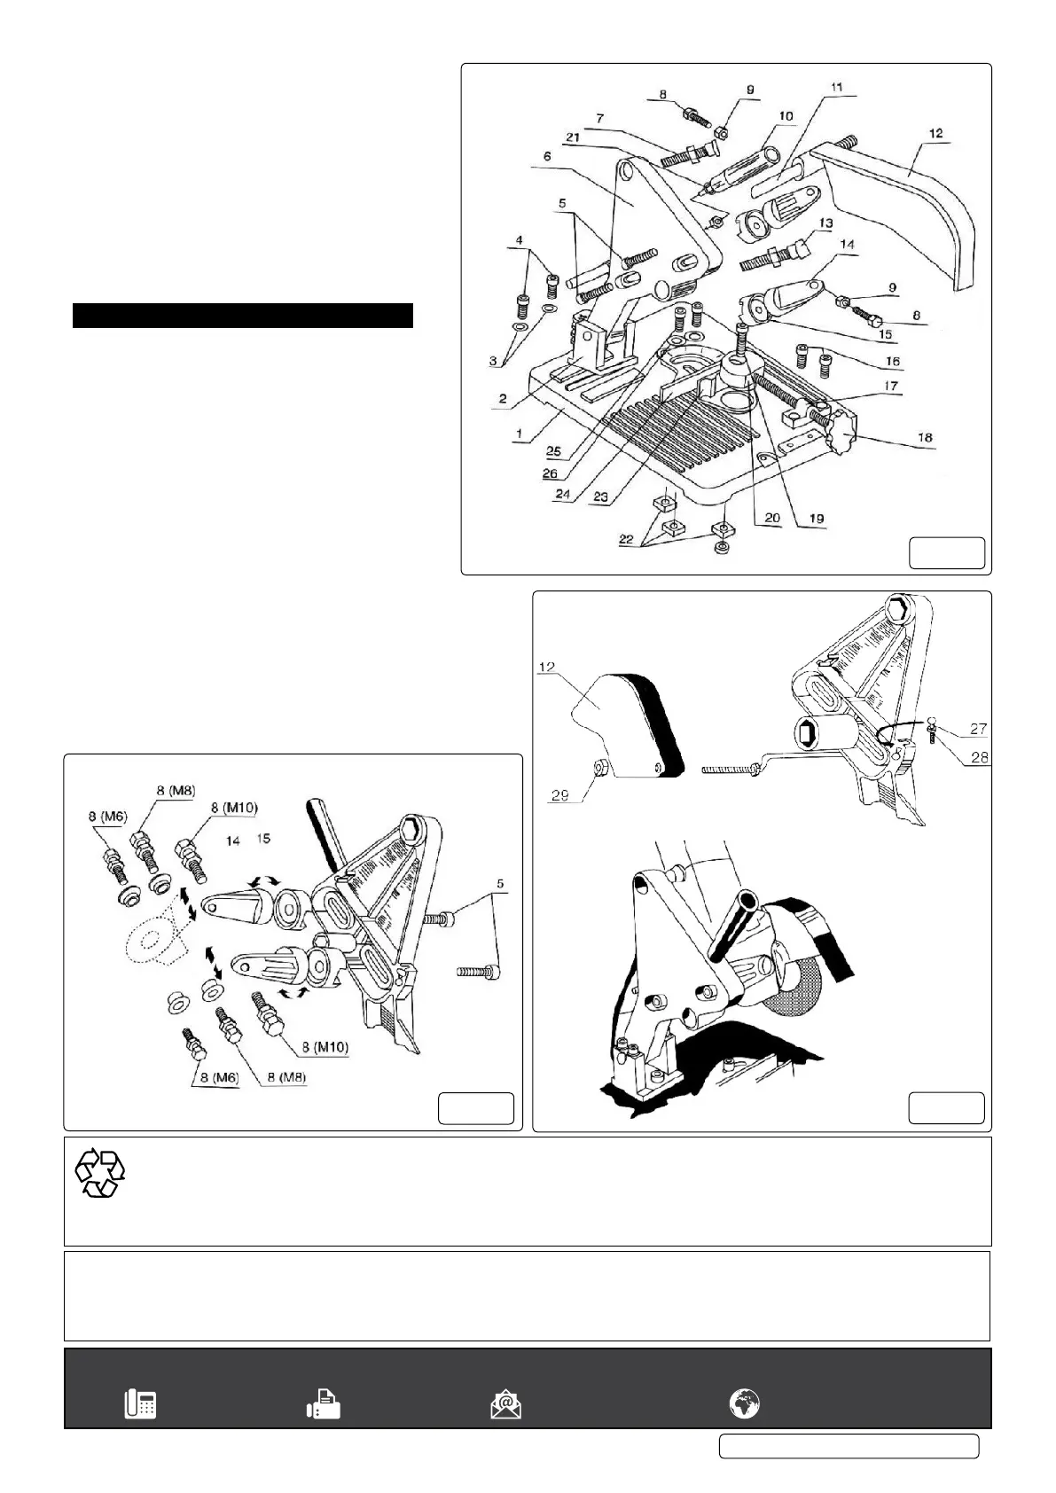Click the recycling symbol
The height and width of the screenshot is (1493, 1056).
100,1174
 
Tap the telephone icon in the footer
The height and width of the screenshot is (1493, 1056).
140,1404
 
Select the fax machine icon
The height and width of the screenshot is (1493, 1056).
324,1404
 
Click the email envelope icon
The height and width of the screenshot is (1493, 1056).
505,1404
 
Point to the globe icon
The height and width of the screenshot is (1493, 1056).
744,1403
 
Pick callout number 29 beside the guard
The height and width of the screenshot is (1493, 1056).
559,795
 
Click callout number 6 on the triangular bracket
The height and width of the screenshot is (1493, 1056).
547,156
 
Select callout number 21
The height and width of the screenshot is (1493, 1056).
572,137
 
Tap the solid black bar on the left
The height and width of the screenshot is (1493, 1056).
243,316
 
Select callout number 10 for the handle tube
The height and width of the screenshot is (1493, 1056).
786,115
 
